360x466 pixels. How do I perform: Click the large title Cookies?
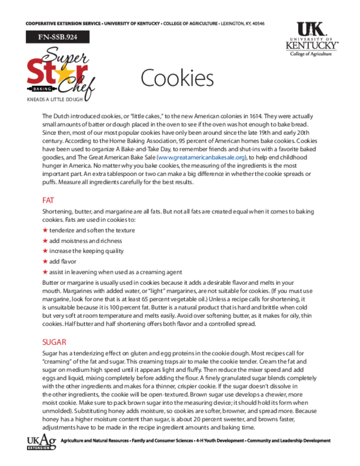pos(177,79)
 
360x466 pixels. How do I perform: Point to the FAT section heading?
pos(48,200)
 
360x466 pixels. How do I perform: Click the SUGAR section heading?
pos(54,342)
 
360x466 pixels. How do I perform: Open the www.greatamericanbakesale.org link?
pos(201,157)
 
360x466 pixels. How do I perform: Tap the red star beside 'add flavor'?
pos(45,262)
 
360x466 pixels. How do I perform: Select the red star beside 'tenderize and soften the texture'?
pos(45,230)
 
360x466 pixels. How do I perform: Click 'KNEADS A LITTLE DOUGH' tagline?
pos(55,99)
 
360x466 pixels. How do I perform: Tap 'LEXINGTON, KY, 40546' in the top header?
pos(243,24)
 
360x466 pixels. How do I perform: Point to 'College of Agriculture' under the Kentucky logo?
pos(311,54)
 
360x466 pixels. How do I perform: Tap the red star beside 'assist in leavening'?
pos(45,272)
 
